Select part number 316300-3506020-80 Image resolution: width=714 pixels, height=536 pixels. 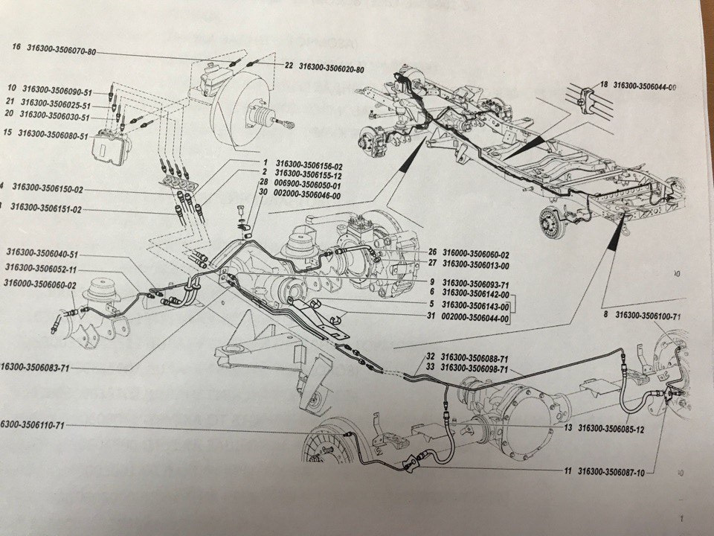tap(332, 68)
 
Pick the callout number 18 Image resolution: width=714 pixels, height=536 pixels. tap(603, 85)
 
